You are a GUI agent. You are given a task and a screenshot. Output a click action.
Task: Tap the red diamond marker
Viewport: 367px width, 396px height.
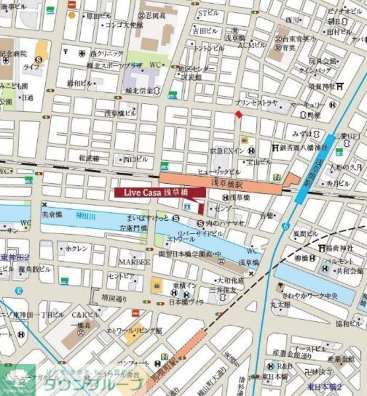click(239, 114)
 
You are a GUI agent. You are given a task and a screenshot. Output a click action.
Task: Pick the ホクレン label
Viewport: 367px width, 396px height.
click(76, 249)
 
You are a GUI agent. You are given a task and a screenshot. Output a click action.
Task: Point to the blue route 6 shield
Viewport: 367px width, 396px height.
click(285, 226)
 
